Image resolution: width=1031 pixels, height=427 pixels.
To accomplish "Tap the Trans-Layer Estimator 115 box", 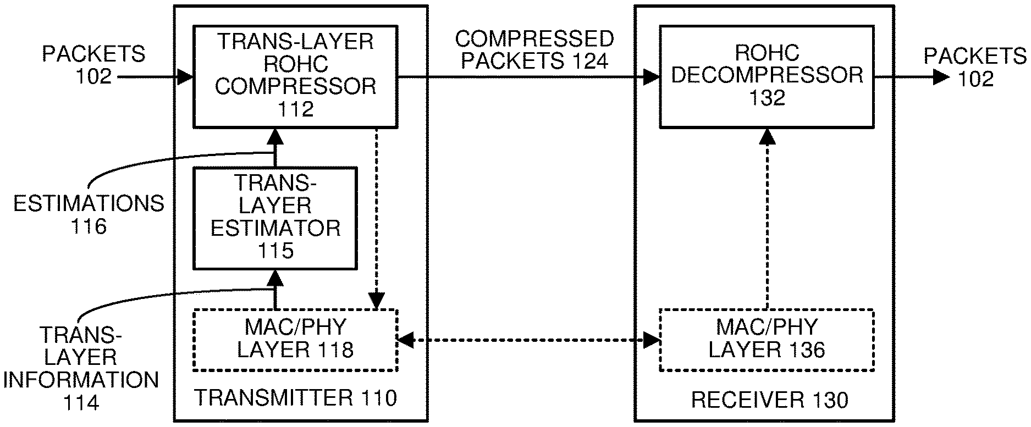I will pyautogui.click(x=275, y=217).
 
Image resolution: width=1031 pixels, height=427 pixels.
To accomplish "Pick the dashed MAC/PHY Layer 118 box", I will pyautogui.click(x=295, y=339).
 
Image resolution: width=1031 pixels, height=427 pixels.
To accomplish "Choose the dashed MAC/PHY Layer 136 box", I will pyautogui.click(x=767, y=339).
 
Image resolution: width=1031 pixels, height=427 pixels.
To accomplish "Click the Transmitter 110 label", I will pyautogui.click(x=295, y=398).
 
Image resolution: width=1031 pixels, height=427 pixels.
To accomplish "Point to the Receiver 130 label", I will pyautogui.click(x=769, y=400).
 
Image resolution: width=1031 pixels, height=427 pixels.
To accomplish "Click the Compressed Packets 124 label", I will pyautogui.click(x=534, y=49).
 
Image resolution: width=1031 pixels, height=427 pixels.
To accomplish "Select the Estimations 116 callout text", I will pyautogui.click(x=89, y=214).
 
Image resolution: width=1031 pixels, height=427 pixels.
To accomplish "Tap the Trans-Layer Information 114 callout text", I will pyautogui.click(x=81, y=368).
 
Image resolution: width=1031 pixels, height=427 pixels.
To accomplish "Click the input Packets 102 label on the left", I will pyautogui.click(x=93, y=65).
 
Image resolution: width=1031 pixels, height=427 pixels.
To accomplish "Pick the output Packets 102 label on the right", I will pyautogui.click(x=975, y=67).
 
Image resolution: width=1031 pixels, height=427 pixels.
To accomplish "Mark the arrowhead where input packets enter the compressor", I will pyautogui.click(x=185, y=77).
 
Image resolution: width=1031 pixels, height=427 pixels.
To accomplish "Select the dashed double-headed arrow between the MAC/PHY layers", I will pyautogui.click(x=528, y=341).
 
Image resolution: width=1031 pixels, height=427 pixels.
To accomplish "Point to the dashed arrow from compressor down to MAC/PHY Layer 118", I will pyautogui.click(x=377, y=220).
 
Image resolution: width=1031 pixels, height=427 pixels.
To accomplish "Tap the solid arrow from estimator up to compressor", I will pyautogui.click(x=275, y=147).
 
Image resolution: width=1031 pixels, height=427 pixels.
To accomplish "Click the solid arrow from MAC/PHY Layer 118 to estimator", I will pyautogui.click(x=275, y=289).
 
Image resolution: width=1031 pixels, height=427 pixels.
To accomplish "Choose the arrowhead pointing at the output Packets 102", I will pyautogui.click(x=941, y=77).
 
